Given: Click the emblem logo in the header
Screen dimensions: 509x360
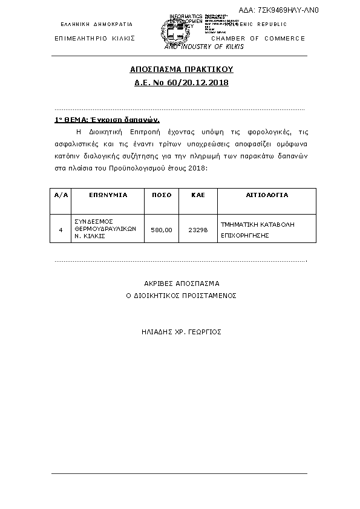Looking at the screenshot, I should [x=172, y=32].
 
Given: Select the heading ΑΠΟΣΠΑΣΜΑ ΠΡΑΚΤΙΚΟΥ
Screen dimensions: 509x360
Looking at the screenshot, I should [x=182, y=70].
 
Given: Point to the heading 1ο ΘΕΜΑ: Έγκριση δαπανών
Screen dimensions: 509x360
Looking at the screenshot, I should [x=107, y=120].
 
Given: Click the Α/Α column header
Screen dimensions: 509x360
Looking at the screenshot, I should [x=61, y=195].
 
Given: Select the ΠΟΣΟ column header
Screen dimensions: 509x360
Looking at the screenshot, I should [x=161, y=195].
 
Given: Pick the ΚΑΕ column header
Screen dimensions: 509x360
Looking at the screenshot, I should [x=198, y=195].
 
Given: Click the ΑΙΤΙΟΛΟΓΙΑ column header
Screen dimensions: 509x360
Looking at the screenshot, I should [x=267, y=195].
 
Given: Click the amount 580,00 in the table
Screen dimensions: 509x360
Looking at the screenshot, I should [x=161, y=230].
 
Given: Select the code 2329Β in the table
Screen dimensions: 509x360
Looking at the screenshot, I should [x=198, y=230].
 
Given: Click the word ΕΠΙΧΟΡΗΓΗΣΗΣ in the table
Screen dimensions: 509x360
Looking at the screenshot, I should [x=244, y=236].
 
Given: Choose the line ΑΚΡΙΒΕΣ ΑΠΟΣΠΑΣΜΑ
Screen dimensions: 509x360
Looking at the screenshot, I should [x=182, y=283].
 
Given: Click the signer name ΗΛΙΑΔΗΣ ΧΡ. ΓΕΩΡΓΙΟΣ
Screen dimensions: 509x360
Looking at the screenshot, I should [x=181, y=331].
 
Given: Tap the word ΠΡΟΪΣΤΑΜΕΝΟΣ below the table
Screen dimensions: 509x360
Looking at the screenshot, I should [x=208, y=296].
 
